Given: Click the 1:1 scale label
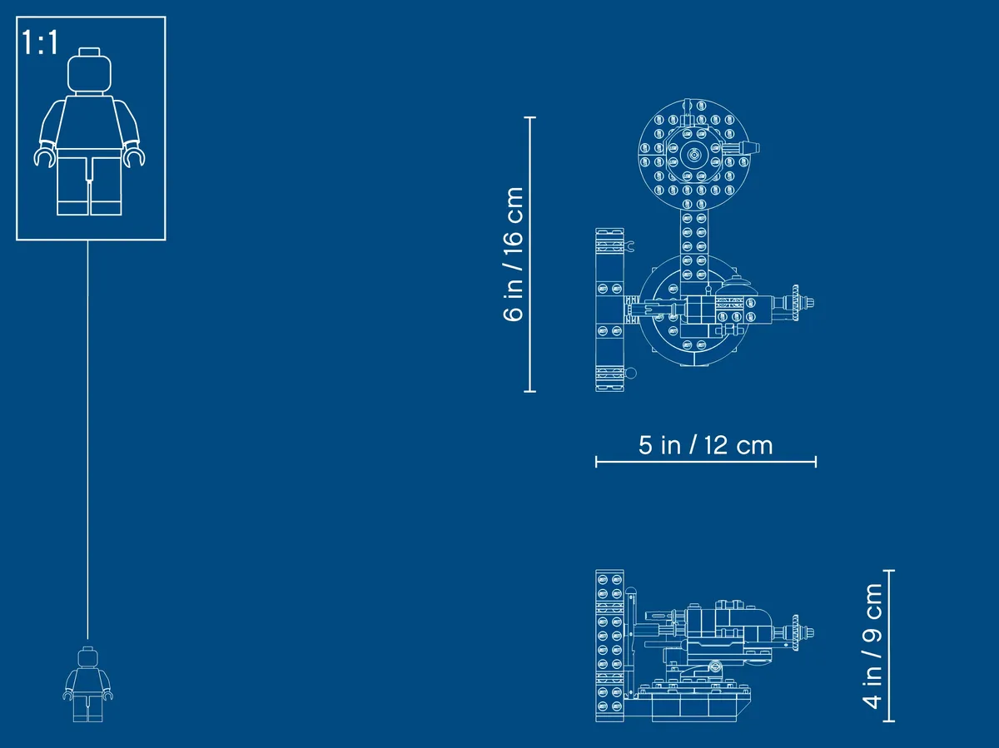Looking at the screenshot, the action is (40, 42).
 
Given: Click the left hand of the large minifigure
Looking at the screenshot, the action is (43, 156).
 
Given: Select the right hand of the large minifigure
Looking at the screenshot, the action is (134, 156).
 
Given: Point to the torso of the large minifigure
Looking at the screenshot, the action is (90, 121).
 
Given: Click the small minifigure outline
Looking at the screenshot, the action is (88, 684).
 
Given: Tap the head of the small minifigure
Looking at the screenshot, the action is (88, 656).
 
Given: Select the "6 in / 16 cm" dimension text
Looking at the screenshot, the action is (514, 254).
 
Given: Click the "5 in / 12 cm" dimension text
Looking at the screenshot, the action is (705, 445).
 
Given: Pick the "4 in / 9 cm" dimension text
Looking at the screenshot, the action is (872, 646).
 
